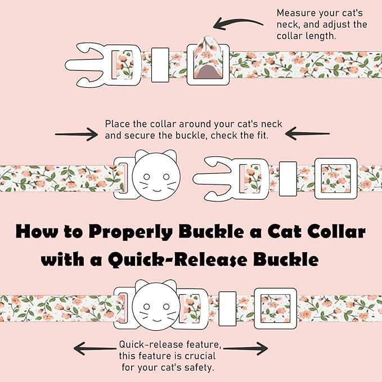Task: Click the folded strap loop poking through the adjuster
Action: coord(208,57)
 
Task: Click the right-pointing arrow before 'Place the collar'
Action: coord(77,134)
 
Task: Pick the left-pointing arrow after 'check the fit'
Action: coord(307,133)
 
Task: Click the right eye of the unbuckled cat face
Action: coord(166,177)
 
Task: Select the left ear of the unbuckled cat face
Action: coord(141,155)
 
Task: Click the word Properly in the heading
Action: coord(131,231)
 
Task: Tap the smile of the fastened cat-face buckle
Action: coord(156,319)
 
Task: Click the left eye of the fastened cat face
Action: coord(146,306)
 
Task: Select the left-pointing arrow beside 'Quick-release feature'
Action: coord(95,348)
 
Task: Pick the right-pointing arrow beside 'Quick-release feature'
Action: coord(245,348)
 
